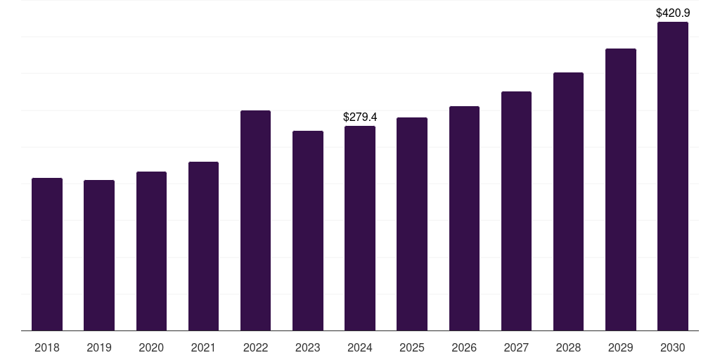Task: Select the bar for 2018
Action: pyautogui.click(x=47, y=254)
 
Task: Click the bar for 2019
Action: pyautogui.click(x=99, y=255)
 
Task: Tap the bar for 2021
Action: pyautogui.click(x=203, y=246)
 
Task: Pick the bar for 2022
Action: pyautogui.click(x=255, y=220)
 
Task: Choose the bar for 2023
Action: pyautogui.click(x=308, y=231)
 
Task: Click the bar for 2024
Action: pyautogui.click(x=360, y=228)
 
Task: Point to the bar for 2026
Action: pyautogui.click(x=464, y=218)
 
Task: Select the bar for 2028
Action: pyautogui.click(x=568, y=201)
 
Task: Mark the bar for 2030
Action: pyautogui.click(x=673, y=176)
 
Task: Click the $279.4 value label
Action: pyautogui.click(x=360, y=117)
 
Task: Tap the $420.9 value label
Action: pyautogui.click(x=673, y=13)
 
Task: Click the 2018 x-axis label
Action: pyautogui.click(x=47, y=347)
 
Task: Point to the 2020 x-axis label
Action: pyautogui.click(x=151, y=347)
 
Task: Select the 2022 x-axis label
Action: pyautogui.click(x=255, y=347)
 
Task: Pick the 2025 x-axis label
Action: pyautogui.click(x=412, y=347)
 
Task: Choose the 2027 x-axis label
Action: pyautogui.click(x=516, y=347)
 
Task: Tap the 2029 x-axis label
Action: pyautogui.click(x=621, y=347)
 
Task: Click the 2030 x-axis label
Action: pyautogui.click(x=673, y=347)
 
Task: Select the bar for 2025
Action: pyautogui.click(x=412, y=224)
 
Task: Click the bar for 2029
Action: pyautogui.click(x=621, y=189)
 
